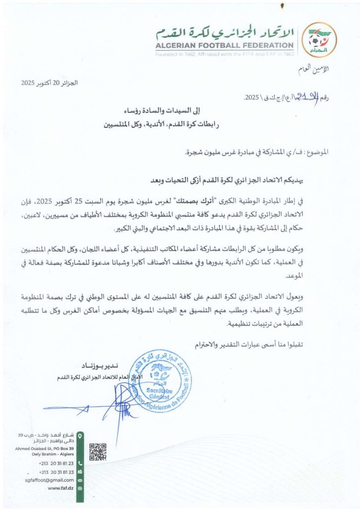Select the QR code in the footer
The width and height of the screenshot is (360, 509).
pyautogui.click(x=97, y=451)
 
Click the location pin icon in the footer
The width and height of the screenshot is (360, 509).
pyautogui.click(x=80, y=437)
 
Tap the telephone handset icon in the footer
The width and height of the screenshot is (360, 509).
pyautogui.click(x=80, y=463)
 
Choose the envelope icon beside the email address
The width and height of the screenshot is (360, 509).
pyautogui.click(x=80, y=480)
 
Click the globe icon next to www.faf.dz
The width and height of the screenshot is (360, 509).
pyautogui.click(x=80, y=489)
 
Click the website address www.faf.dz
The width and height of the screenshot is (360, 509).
pyautogui.click(x=61, y=489)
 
